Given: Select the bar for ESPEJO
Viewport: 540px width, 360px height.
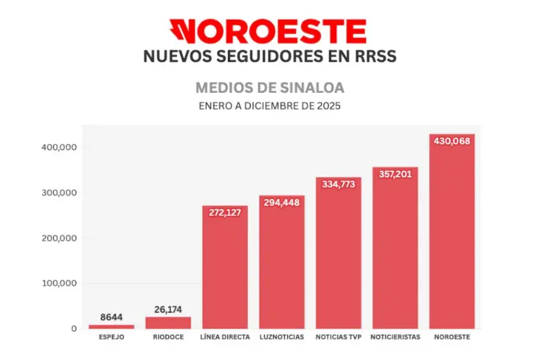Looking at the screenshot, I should pos(111,326).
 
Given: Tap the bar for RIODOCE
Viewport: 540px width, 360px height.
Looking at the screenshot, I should pos(168,322).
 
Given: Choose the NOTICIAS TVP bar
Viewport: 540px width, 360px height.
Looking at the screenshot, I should pos(338,260).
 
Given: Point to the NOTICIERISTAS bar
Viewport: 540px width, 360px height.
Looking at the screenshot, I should pos(395,253).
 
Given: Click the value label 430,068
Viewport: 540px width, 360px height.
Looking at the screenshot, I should pos(452,141).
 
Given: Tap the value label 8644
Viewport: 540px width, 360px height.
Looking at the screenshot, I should pos(111,317).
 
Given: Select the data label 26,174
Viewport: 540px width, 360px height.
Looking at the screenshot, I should pos(168,309).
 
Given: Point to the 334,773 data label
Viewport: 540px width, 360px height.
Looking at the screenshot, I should pos(338,184).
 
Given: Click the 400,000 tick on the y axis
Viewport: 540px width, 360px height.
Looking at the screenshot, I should pos(59,148).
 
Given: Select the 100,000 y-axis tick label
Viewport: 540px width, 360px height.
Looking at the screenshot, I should pos(59,283).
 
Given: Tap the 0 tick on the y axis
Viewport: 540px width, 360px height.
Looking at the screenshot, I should pos(73,328).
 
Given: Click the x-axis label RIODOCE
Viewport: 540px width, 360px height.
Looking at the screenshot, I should pos(168,337).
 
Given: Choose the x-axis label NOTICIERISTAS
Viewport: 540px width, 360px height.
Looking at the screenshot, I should pos(395,337).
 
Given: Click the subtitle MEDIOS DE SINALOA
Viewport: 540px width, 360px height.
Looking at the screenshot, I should pos(269,89).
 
